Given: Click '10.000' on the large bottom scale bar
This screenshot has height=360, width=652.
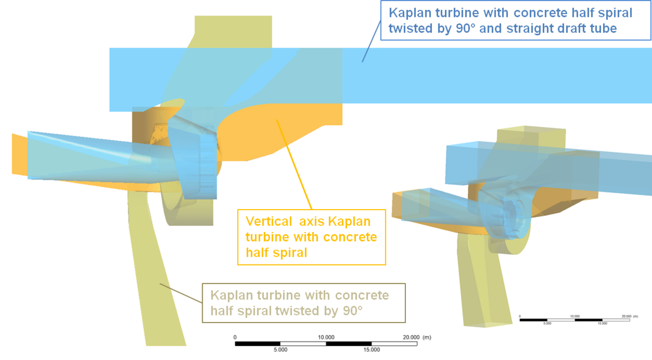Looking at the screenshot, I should [326, 337].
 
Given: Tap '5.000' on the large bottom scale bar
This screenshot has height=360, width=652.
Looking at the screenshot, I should [280, 350].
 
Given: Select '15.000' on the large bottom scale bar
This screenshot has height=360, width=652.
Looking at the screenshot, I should [371, 350].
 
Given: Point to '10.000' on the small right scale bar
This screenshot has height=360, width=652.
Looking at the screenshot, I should [575, 315].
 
